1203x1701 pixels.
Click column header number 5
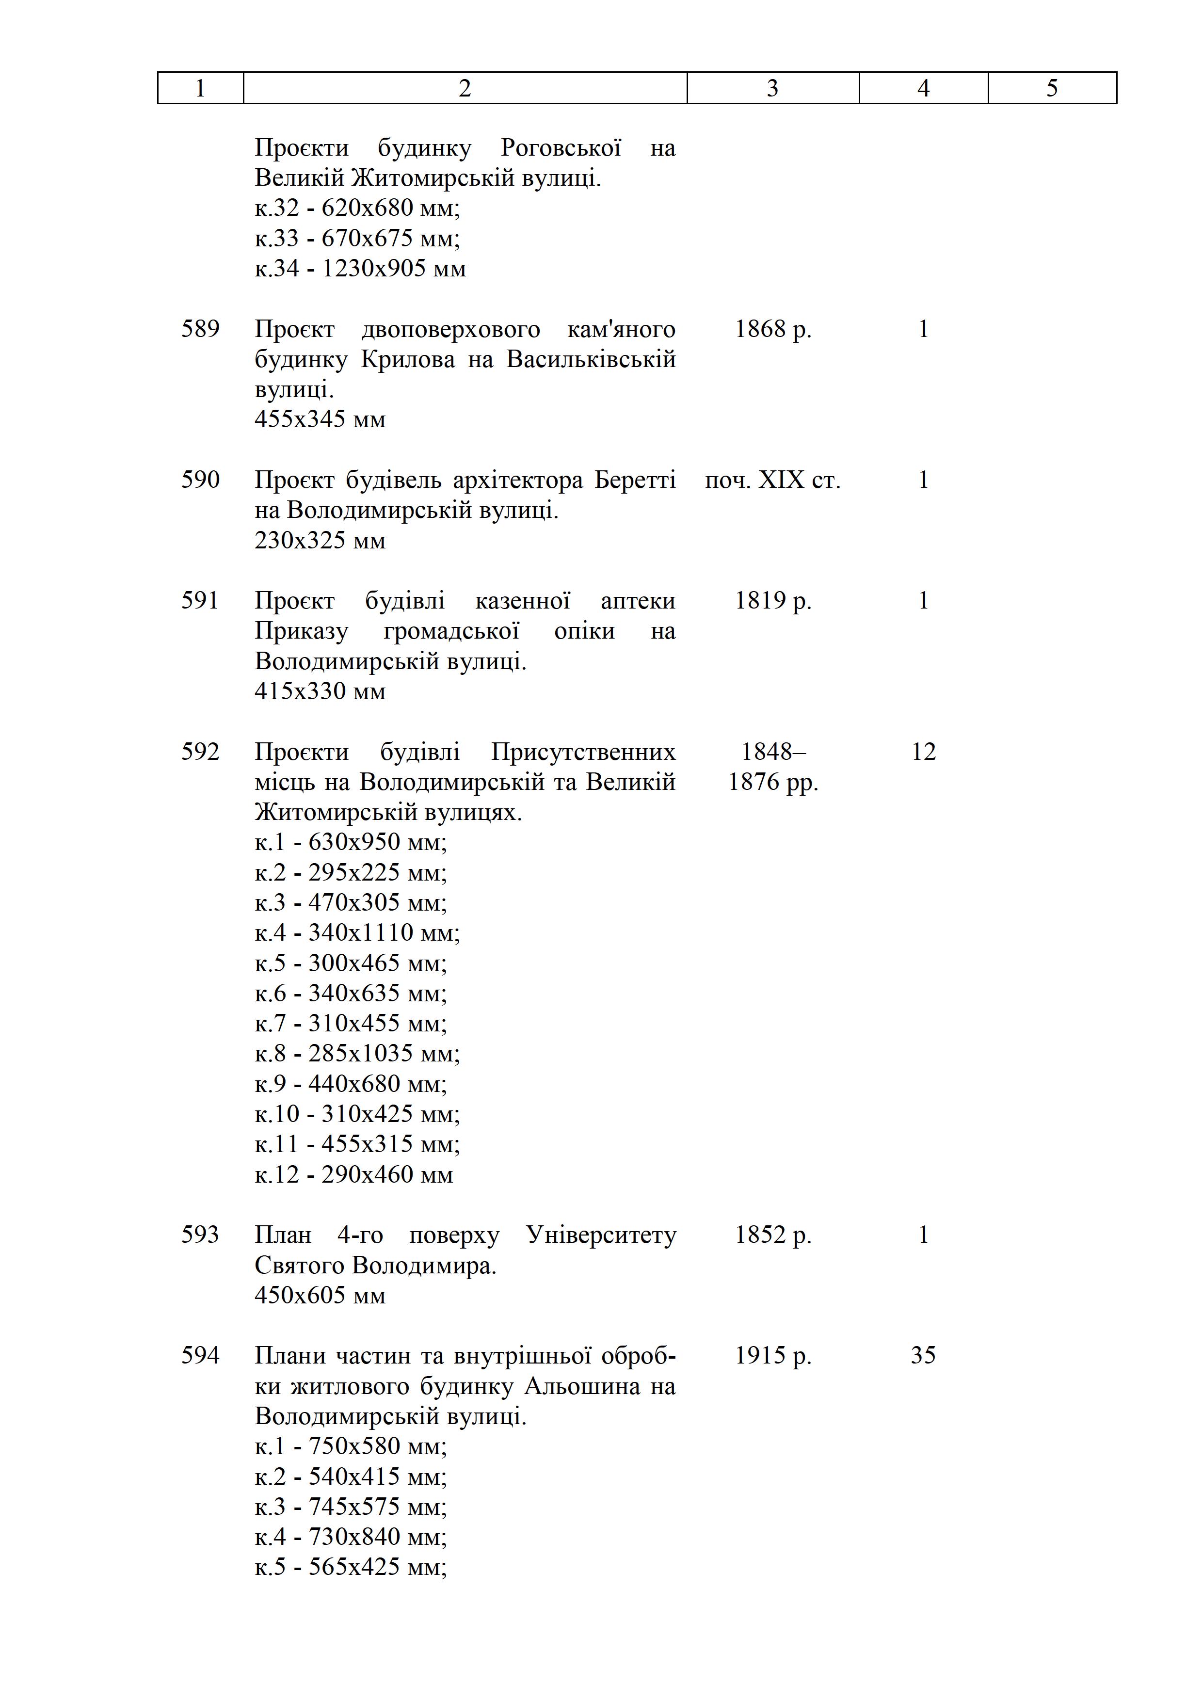click(1052, 88)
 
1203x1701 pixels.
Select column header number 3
click(772, 88)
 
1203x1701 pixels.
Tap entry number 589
click(200, 329)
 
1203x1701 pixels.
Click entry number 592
click(200, 752)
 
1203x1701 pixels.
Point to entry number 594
click(200, 1356)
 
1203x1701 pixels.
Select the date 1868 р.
click(772, 329)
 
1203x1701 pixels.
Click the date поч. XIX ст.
click(772, 480)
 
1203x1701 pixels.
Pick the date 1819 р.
click(772, 601)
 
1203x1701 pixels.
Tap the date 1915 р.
click(772, 1356)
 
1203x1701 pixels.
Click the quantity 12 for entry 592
click(923, 752)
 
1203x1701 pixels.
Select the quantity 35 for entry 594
click(923, 1356)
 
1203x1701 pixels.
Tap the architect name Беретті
click(635, 480)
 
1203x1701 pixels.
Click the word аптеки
click(638, 601)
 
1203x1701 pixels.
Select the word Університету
click(601, 1235)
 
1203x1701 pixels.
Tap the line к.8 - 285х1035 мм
click(357, 1054)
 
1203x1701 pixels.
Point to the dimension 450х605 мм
click(320, 1295)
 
